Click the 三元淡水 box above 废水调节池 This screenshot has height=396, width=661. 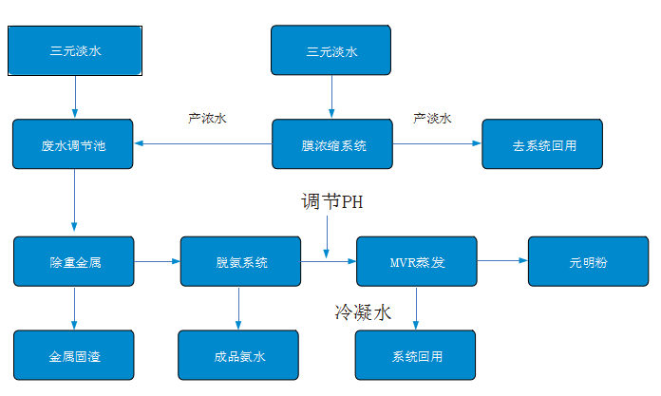(75, 51)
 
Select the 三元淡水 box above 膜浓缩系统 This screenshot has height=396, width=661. (331, 51)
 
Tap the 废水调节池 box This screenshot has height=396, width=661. (74, 145)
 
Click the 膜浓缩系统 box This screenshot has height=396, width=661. (333, 145)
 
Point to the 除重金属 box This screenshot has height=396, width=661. (74, 261)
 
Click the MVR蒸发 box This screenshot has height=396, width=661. (416, 261)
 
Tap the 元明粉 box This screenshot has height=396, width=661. (588, 261)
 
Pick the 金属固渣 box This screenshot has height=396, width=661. (74, 356)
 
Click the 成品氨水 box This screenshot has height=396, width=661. (238, 356)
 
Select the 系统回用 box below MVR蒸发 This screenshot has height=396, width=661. (416, 356)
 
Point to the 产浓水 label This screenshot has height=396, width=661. (207, 119)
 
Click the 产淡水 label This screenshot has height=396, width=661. (432, 119)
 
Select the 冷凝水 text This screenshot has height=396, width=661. (364, 311)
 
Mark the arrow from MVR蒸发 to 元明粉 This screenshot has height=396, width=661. (501, 260)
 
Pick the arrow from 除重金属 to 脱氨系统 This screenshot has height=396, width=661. (158, 260)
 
